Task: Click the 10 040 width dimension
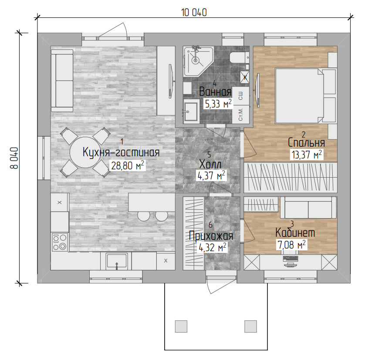[x=194, y=13]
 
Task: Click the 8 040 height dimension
[x=14, y=158]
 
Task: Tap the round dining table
[x=85, y=152]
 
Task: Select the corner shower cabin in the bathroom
[x=198, y=61]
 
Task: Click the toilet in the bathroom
[x=240, y=57]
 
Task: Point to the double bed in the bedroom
[x=305, y=95]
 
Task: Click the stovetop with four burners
[x=60, y=242]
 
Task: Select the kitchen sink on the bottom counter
[x=116, y=261]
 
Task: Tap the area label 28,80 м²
[x=127, y=165]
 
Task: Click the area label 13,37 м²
[x=307, y=155]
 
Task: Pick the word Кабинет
[x=295, y=232]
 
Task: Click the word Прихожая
[x=211, y=236]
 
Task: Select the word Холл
[x=210, y=164]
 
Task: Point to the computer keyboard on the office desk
[x=290, y=259]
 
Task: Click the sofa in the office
[x=308, y=208]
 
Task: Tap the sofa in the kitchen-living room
[x=62, y=81]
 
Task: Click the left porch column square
[x=181, y=326]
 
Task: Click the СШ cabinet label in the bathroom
[x=240, y=96]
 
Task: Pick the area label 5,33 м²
[x=218, y=104]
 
